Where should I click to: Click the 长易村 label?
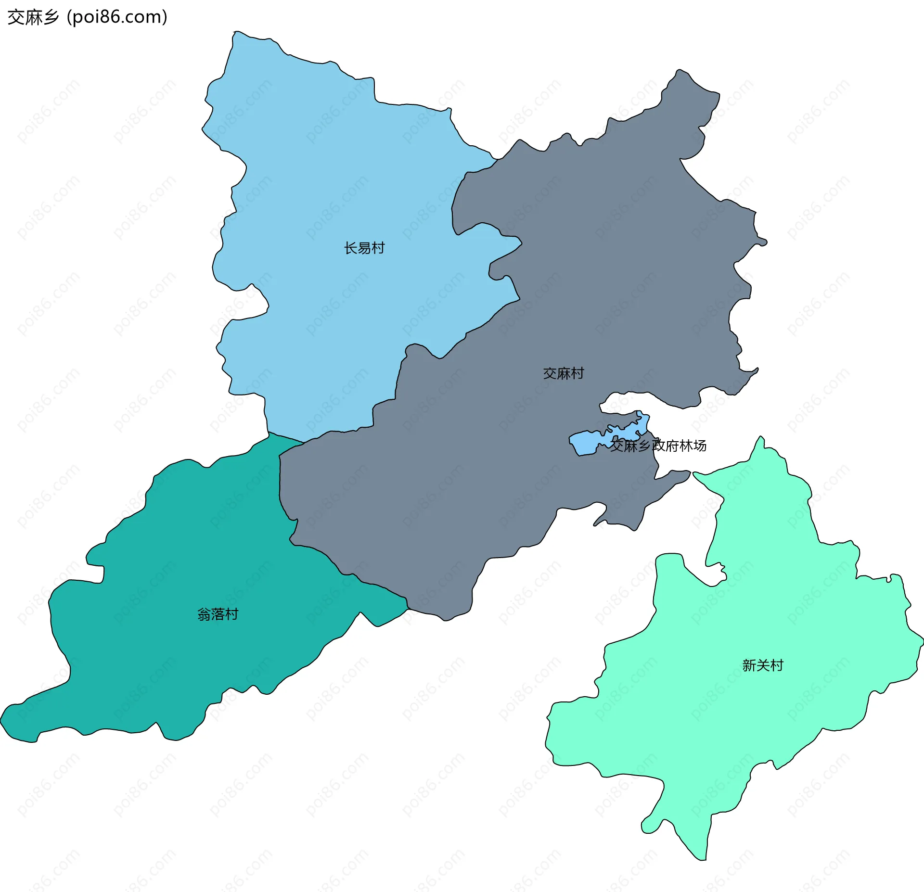[x=364, y=248]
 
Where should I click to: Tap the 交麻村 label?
[x=563, y=373]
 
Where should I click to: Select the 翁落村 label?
[x=218, y=614]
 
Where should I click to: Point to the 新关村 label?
[x=763, y=665]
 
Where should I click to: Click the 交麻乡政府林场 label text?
[x=658, y=446]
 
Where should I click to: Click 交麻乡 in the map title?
[x=33, y=17]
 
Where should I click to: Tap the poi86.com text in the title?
[x=117, y=17]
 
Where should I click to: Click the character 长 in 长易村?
[x=350, y=248]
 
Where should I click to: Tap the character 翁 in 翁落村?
[x=204, y=614]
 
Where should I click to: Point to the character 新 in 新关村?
[x=749, y=665]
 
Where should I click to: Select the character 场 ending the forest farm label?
[x=700, y=446]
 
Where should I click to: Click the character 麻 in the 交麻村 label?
[x=563, y=373]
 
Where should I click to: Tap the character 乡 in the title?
[x=51, y=17]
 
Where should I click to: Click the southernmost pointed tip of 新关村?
[x=703, y=859]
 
